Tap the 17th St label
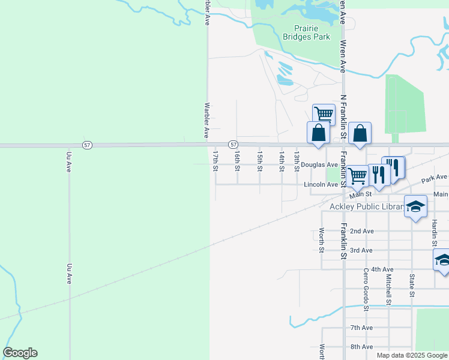215,160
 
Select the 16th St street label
237,160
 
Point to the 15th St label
259,160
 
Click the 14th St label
281,160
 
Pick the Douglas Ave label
320,164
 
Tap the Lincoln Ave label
321,185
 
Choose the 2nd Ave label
362,231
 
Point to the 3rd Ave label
362,250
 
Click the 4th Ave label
382,270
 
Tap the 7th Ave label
362,328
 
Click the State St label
412,286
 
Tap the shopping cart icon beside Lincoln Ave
357,175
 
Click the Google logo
20,353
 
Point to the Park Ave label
435,178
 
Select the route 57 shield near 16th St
234,145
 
